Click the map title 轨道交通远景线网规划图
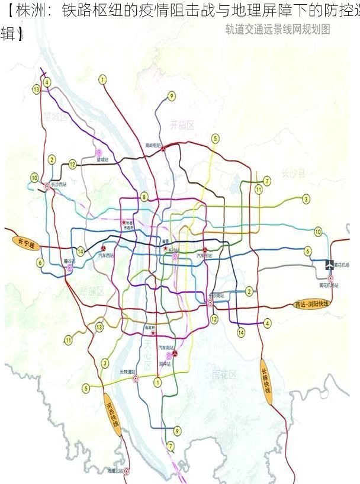(x=278, y=29)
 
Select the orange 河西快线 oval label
(x=112, y=415)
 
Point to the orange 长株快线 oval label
(x=266, y=382)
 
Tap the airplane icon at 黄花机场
(x=330, y=265)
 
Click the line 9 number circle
(x=172, y=96)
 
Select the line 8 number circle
(x=144, y=197)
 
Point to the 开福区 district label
(x=182, y=124)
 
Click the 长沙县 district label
(x=294, y=174)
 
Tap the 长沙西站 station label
(x=59, y=185)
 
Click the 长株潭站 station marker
(x=136, y=379)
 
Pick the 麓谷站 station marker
(x=69, y=268)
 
